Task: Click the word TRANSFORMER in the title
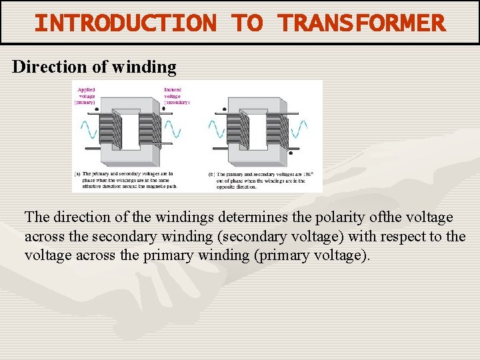[x=362, y=23]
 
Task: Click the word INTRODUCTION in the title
[x=125, y=23]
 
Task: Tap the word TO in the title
[x=247, y=23]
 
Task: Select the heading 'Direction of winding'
[x=95, y=67]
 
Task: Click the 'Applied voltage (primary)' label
[x=87, y=96]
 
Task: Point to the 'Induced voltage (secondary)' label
[x=176, y=96]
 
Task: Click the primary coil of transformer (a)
[x=110, y=130]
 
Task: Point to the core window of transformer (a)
[x=130, y=130]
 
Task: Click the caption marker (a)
[x=78, y=173]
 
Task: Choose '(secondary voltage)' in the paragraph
[x=289, y=237]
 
